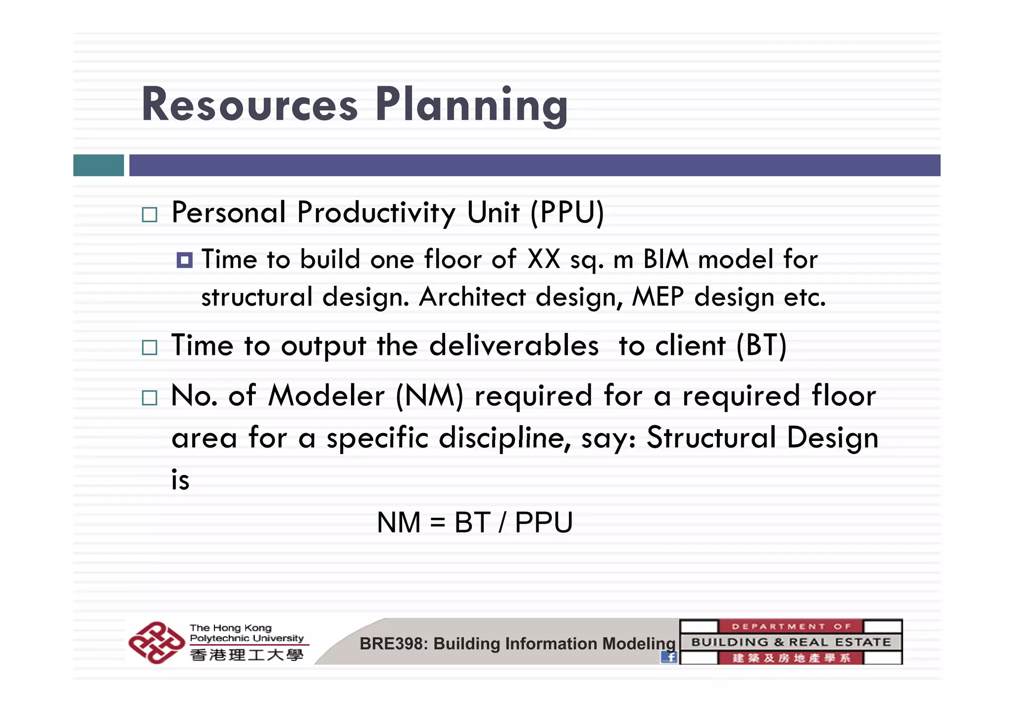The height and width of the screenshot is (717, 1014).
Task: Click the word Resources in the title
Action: click(250, 105)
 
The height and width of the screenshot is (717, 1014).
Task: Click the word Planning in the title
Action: click(471, 105)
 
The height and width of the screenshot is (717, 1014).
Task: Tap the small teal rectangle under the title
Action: click(99, 165)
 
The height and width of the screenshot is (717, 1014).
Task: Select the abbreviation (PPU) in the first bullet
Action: click(567, 213)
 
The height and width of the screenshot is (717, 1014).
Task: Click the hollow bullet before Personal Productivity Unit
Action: click(149, 215)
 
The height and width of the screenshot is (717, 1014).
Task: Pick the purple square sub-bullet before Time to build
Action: click(185, 260)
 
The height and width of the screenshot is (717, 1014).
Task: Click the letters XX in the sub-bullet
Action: click(544, 259)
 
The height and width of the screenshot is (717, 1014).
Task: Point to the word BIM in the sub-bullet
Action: click(665, 259)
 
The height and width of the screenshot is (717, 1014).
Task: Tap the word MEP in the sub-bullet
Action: click(658, 297)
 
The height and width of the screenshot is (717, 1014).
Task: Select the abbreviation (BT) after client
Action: click(761, 345)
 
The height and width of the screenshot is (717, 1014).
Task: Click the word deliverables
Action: click(513, 345)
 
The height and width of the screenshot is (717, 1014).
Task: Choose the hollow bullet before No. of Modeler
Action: click(149, 398)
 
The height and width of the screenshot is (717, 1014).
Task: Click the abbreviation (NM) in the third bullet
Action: click(429, 396)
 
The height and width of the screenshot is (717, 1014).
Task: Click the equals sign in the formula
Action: click(438, 523)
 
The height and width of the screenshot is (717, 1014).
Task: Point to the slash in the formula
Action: click(503, 523)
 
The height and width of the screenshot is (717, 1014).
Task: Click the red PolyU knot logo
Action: click(156, 643)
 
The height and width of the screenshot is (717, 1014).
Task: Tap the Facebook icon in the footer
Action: click(669, 657)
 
